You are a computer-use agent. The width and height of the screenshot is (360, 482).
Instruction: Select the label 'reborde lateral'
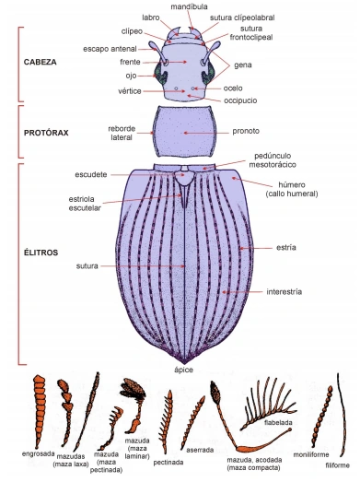[122, 133]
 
